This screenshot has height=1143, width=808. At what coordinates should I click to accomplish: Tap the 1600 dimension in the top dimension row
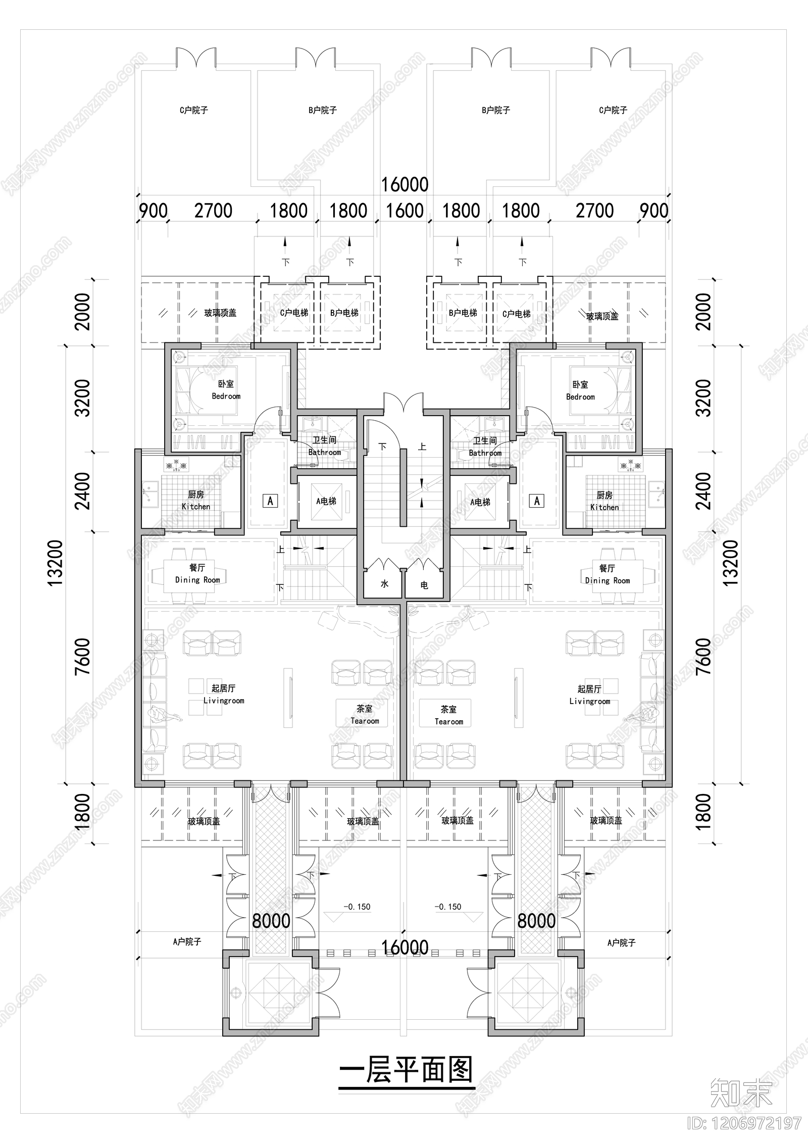pyautogui.click(x=405, y=211)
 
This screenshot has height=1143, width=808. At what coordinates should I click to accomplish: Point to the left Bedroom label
pyautogui.click(x=226, y=390)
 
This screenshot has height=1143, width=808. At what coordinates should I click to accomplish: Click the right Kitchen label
pyautogui.click(x=604, y=501)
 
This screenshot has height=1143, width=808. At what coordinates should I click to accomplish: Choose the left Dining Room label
pyautogui.click(x=197, y=574)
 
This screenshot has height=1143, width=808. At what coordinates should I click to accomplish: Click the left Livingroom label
pyautogui.click(x=224, y=694)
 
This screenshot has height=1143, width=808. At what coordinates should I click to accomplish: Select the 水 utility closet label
pyautogui.click(x=384, y=584)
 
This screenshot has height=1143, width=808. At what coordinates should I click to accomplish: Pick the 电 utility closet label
pyautogui.click(x=424, y=585)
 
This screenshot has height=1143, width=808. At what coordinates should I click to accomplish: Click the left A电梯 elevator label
pyautogui.click(x=326, y=501)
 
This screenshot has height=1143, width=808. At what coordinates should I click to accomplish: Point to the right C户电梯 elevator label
pyautogui.click(x=516, y=314)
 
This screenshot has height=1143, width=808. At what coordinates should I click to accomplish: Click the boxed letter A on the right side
pyautogui.click(x=537, y=501)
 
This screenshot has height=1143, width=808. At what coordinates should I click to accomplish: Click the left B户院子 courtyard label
pyautogui.click(x=322, y=110)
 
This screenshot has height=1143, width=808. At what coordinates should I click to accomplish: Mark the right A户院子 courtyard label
pyautogui.click(x=621, y=942)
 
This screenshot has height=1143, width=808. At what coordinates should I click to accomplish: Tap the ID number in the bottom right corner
pyautogui.click(x=744, y=1123)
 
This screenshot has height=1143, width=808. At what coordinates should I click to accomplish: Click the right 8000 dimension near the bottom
pyautogui.click(x=536, y=921)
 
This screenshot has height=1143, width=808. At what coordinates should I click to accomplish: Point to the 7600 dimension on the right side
pyautogui.click(x=702, y=656)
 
